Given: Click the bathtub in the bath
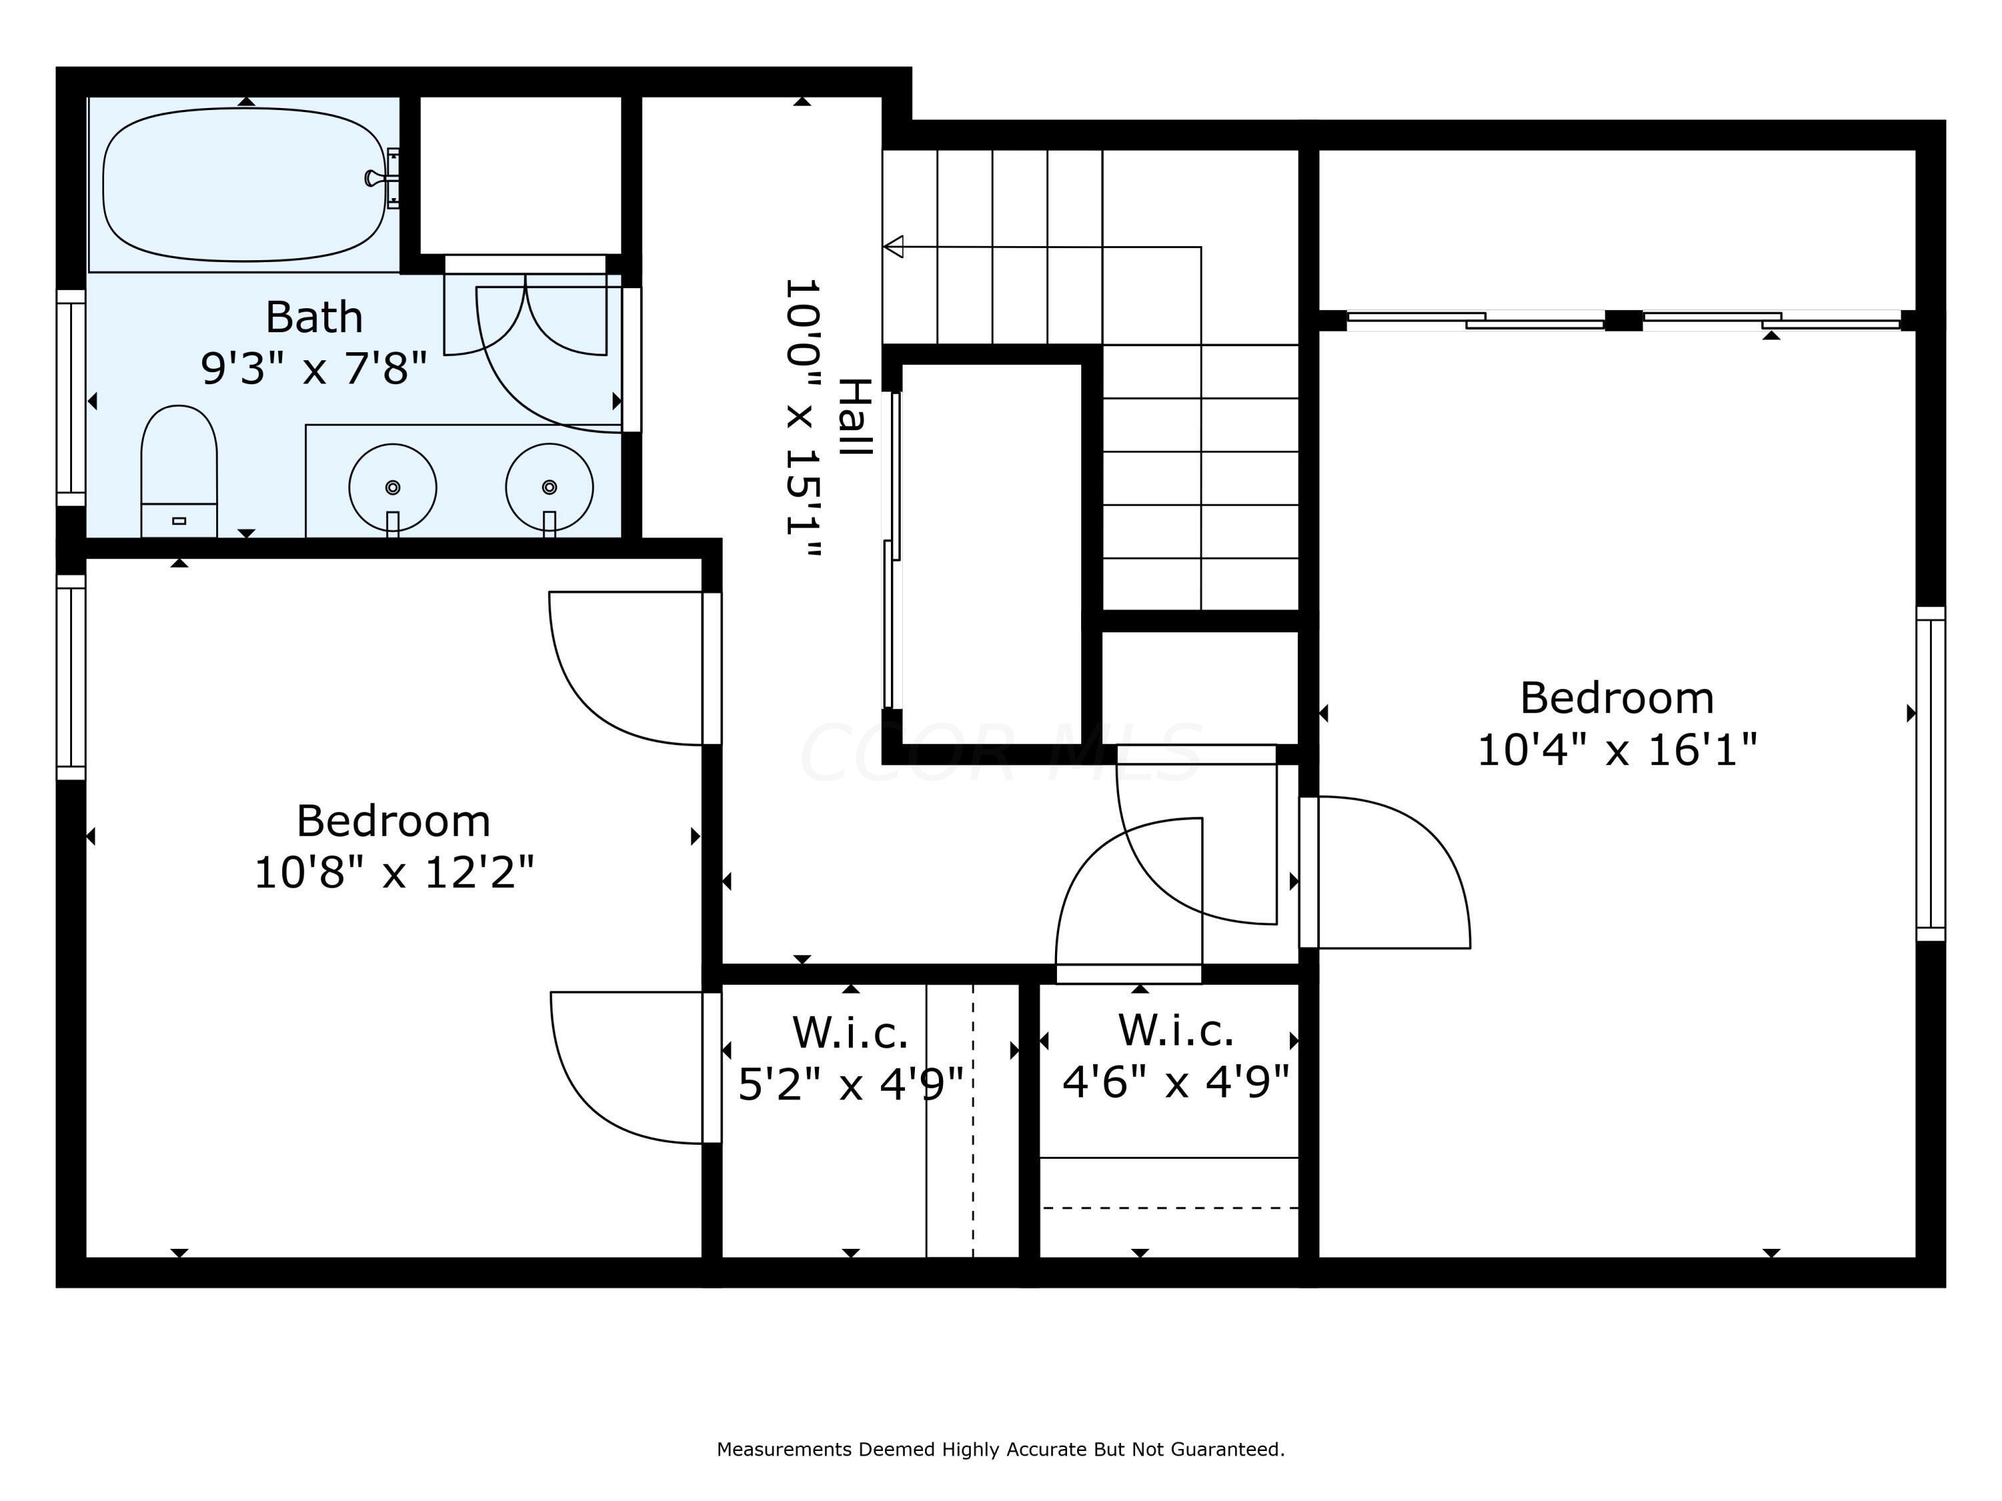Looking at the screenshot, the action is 244,185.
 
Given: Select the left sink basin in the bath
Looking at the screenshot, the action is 393,488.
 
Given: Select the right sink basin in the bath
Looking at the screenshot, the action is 549,488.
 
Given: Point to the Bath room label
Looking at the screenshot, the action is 314,318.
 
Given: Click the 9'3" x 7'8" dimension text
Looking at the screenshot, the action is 314,369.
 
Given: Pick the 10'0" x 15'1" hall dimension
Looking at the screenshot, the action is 803,419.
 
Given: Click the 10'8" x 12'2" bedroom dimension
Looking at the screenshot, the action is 394,873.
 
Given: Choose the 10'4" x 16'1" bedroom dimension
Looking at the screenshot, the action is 1618,750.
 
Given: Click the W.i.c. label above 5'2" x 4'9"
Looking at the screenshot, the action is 850,1032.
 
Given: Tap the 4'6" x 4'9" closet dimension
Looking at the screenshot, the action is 1176,1081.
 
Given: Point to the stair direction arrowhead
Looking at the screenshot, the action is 894,246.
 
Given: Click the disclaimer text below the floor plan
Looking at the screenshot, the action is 1001,1450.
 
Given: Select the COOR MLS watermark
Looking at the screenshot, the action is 1001,753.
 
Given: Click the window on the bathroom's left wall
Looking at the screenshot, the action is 71,398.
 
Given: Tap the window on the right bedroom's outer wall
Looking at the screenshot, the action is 1931,775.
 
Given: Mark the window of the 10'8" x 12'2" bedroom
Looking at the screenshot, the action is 71,676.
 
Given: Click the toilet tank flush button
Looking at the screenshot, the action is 180,520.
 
